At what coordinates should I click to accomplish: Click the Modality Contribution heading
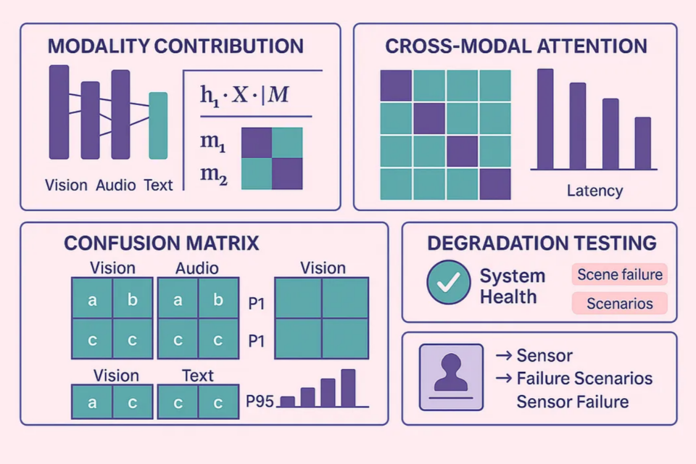(175, 46)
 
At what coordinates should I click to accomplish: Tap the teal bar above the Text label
(158, 125)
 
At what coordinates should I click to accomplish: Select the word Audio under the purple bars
(116, 185)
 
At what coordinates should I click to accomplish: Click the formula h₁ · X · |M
(243, 96)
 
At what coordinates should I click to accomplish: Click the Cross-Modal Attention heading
(516, 46)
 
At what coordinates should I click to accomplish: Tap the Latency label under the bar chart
(594, 191)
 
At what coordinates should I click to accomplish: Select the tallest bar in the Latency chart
(545, 119)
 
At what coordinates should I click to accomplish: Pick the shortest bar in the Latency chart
(643, 143)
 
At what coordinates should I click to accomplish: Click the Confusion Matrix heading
(162, 243)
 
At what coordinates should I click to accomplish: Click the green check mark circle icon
(449, 282)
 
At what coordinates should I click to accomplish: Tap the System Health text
(512, 286)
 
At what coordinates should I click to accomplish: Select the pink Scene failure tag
(619, 275)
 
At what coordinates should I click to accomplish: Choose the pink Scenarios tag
(619, 303)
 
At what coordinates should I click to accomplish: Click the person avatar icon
(451, 377)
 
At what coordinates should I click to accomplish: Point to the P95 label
(260, 400)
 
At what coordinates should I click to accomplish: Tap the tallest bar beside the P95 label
(348, 388)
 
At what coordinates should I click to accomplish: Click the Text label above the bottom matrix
(198, 376)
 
